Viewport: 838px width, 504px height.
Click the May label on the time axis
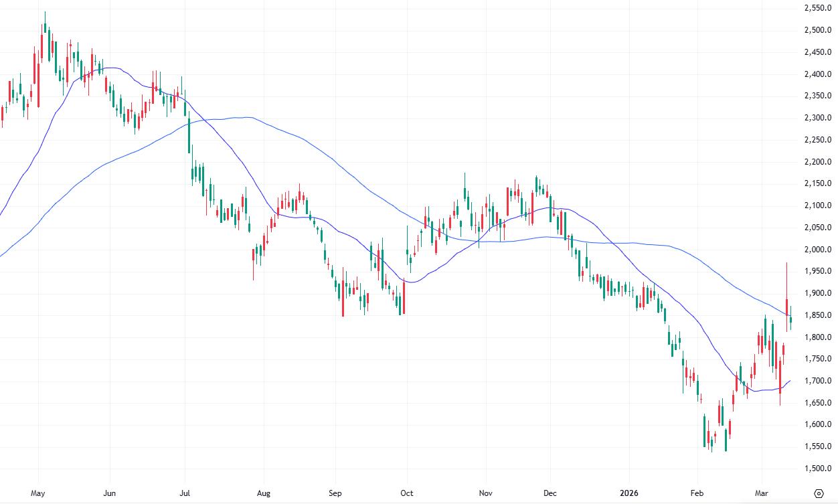pyautogui.click(x=38, y=493)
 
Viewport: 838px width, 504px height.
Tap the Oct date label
pyautogui.click(x=406, y=493)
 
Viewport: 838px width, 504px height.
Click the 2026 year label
pyautogui.click(x=628, y=493)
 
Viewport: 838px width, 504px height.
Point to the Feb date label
pyautogui.click(x=697, y=493)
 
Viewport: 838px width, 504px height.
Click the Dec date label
pyautogui.click(x=550, y=493)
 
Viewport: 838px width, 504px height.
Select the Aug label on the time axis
pyautogui.click(x=264, y=493)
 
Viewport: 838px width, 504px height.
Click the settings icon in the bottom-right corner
pyautogui.click(x=819, y=493)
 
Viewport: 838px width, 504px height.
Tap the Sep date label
pyautogui.click(x=335, y=493)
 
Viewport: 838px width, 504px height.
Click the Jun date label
pyautogui.click(x=110, y=493)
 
